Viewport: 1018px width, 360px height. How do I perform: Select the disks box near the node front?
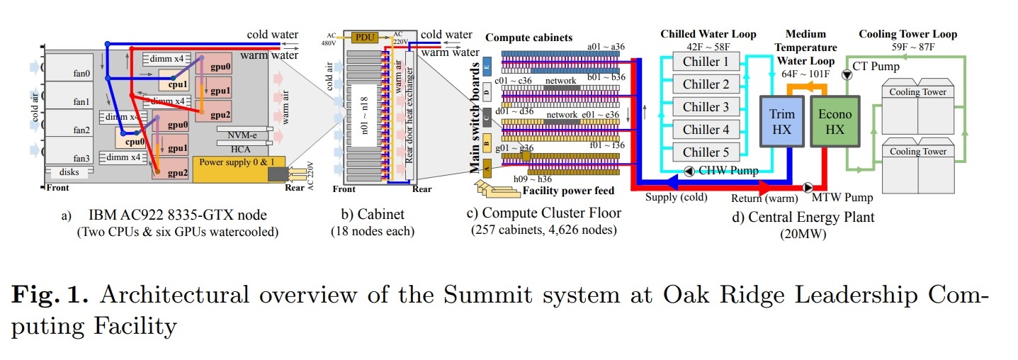68,172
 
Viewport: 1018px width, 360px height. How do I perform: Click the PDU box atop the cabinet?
366,37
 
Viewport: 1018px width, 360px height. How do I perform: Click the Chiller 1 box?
706,62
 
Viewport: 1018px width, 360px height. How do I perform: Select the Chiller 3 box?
706,107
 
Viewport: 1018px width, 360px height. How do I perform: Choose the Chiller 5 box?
706,152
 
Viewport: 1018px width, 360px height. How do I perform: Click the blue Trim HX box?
782,123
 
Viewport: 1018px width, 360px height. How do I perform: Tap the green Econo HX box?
835,123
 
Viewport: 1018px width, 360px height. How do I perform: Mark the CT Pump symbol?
845,74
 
